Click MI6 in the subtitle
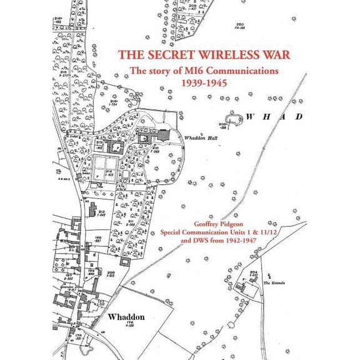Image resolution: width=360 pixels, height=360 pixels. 186,71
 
